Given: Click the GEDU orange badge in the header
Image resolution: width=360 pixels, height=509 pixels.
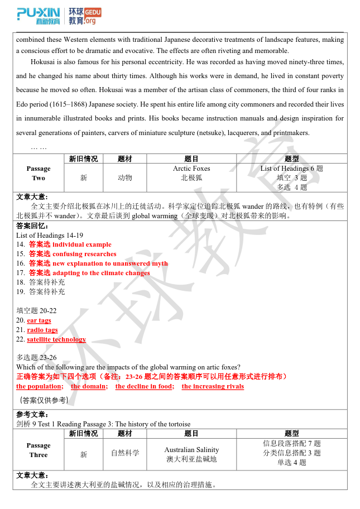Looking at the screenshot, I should (93, 12).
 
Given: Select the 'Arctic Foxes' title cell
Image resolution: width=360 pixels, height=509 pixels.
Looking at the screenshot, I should (191, 169).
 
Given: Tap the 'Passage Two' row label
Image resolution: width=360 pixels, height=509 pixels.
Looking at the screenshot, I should (39, 173).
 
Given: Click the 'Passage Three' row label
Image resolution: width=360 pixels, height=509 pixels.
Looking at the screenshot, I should (39, 450).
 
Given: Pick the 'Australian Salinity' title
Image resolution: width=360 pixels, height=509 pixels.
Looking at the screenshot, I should (191, 450).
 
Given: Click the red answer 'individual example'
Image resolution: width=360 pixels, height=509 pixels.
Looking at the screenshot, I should (81, 244).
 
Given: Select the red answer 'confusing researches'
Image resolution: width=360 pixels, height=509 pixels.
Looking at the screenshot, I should (84, 254).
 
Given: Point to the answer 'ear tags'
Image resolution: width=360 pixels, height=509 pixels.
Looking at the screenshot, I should (39, 320).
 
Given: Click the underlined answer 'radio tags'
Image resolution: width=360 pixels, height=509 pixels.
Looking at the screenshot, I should (42, 330).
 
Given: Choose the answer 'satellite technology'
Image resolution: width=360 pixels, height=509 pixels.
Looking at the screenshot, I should (56, 339).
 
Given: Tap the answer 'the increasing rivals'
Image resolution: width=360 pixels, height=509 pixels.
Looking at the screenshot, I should (213, 386).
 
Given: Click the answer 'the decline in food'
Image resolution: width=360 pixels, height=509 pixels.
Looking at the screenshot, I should (145, 386).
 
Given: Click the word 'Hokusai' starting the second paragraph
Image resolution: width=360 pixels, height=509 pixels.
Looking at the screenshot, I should (42, 61).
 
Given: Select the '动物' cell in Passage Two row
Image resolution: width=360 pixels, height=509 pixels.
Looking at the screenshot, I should (125, 177).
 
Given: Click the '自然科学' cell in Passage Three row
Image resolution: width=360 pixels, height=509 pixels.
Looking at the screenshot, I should (125, 453).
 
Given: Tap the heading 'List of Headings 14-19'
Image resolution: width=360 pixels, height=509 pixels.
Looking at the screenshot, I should (50, 235).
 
